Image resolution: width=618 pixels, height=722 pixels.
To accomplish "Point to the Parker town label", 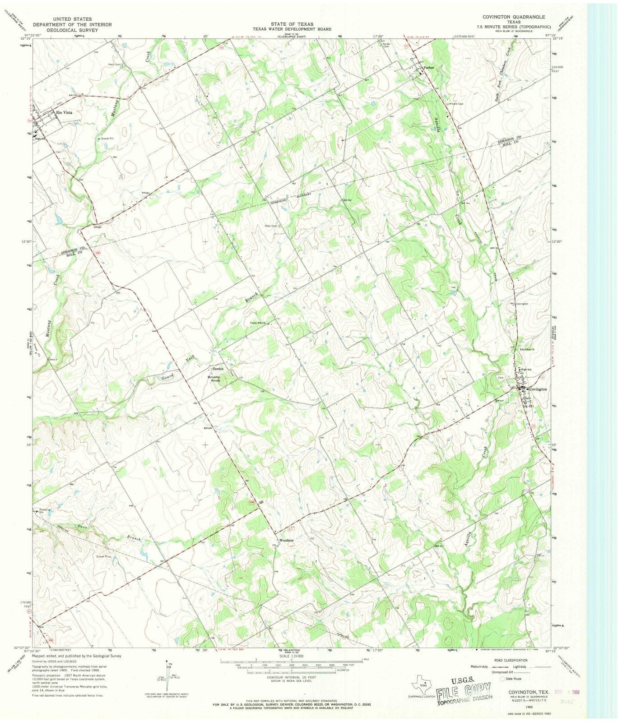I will [428, 68].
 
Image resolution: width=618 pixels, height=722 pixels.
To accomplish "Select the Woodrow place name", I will [287, 540].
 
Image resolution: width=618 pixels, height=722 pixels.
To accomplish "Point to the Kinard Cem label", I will [456, 104].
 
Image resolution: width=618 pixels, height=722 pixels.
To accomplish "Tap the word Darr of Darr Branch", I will [81, 527].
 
